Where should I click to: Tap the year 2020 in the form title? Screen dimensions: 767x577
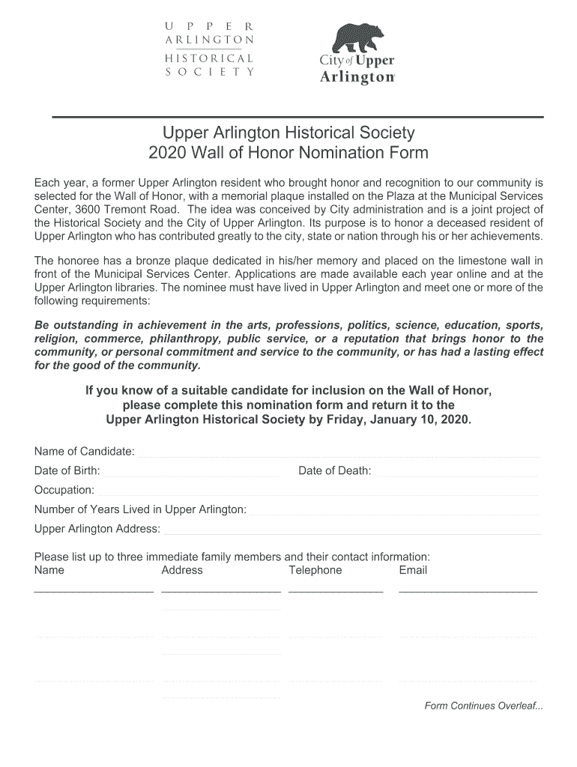tap(168, 154)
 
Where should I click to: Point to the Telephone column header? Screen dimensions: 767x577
tap(315, 570)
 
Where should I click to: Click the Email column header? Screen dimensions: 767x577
tap(413, 570)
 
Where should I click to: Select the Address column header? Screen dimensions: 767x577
tap(182, 570)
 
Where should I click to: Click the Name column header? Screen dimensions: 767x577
tap(49, 570)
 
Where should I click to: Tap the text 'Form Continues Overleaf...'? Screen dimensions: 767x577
tap(484, 706)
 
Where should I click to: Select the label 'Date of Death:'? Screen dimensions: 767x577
tap(335, 470)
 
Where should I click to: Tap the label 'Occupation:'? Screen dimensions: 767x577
tap(64, 490)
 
